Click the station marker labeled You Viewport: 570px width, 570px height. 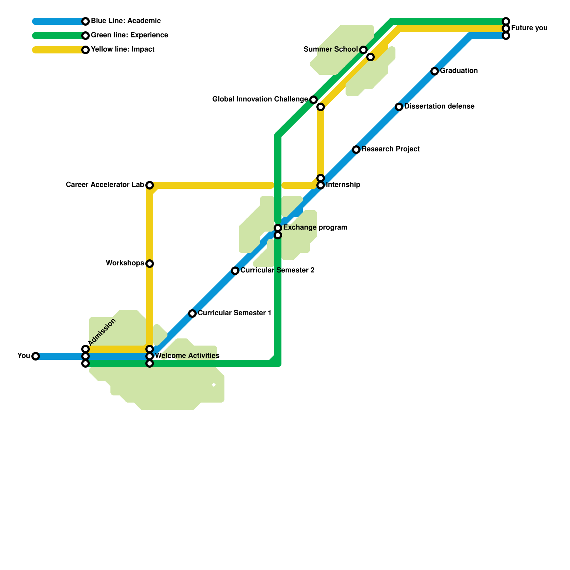click(x=35, y=356)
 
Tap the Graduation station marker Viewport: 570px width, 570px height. click(x=434, y=71)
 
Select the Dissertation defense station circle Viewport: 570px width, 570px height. click(x=399, y=107)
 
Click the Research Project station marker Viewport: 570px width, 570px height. click(x=356, y=150)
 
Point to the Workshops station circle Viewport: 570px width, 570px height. click(x=150, y=264)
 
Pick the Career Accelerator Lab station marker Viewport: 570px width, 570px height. click(x=150, y=185)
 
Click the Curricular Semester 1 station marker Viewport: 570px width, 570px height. click(x=192, y=313)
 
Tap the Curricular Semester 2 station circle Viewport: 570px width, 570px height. click(x=235, y=271)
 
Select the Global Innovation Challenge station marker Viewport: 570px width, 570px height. click(x=313, y=100)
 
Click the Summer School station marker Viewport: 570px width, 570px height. click(x=363, y=50)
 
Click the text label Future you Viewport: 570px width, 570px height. click(x=529, y=28)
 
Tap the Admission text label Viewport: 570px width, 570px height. click(x=102, y=332)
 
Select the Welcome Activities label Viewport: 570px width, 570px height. click(x=187, y=356)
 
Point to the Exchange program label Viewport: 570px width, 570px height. click(x=315, y=227)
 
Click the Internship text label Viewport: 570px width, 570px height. click(x=343, y=185)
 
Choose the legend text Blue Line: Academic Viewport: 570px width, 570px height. click(x=126, y=21)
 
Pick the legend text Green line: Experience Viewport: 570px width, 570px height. click(x=129, y=35)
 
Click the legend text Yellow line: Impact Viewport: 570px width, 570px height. click(x=123, y=49)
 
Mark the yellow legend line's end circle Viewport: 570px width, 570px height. click(x=85, y=50)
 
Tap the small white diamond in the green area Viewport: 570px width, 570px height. click(x=214, y=385)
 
